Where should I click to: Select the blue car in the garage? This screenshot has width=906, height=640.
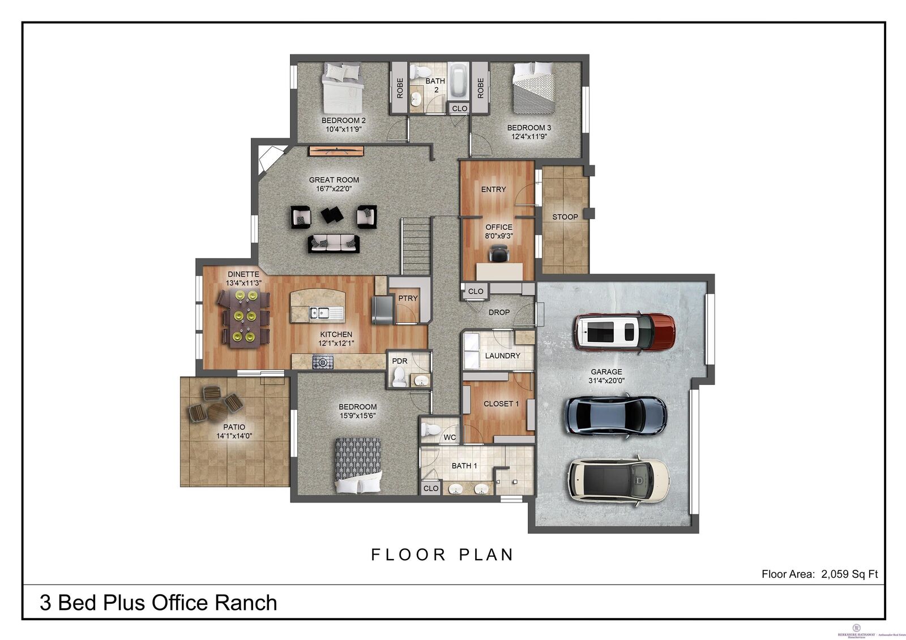pos(616,416)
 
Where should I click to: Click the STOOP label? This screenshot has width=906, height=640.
pos(565,217)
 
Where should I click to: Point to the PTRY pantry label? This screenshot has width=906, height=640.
pos(408,298)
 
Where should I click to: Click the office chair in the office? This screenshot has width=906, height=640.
pos(499,255)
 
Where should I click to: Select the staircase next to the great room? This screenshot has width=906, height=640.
pos(417,247)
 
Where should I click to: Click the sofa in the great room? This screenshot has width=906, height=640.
pos(334,243)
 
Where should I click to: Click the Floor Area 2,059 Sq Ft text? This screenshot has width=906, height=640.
pos(819,574)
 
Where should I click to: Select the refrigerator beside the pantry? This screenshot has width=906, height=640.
pos(382,310)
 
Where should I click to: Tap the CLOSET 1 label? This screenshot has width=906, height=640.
pos(501,403)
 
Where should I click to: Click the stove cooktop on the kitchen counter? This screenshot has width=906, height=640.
pos(323,362)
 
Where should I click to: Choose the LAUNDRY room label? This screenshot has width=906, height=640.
pos(502,355)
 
